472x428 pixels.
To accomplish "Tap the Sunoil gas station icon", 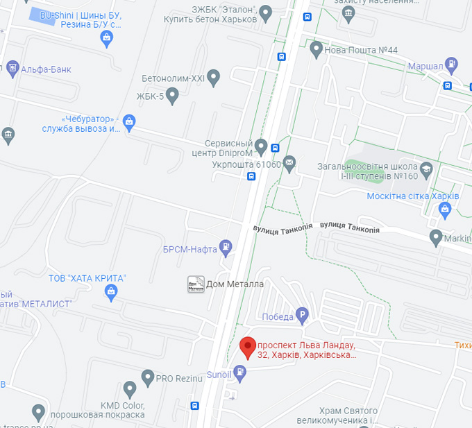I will pos(240,373).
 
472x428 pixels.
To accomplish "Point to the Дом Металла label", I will pos(235,284).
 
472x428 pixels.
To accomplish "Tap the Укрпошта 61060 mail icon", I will pos(289,164).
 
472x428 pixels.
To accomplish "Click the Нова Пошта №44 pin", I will pos(317,49).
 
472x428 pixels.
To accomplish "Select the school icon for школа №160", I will pos(425,168).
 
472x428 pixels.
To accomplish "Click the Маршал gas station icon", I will pos(452,66).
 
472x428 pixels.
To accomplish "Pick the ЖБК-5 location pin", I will pos(173,96).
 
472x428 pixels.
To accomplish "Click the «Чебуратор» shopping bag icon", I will pos(129,123).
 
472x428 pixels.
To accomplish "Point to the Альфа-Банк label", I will pos(46,69).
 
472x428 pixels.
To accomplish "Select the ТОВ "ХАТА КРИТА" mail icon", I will pos(110,293).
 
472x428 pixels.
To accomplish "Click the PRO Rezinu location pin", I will pos(147,378).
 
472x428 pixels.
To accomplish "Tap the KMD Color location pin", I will pos(129,390).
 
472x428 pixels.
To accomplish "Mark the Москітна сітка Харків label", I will pos(412,196).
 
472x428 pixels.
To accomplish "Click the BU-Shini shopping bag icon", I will pos(106,38).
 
